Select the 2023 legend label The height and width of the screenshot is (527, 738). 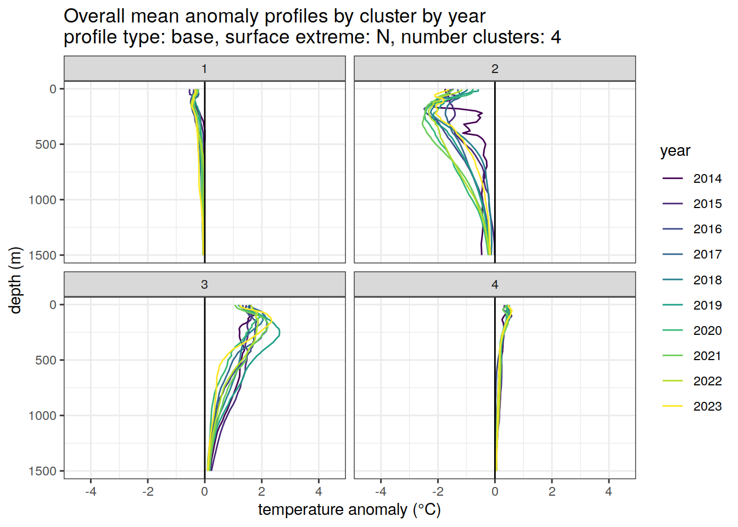707,406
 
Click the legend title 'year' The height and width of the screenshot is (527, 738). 675,151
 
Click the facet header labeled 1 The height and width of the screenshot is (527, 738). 204,69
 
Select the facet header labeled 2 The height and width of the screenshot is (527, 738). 495,69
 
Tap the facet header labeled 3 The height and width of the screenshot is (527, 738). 204,284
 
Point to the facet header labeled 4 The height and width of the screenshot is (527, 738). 495,284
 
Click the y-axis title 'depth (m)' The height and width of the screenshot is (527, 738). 15,280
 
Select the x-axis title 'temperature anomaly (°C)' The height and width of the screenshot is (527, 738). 349,510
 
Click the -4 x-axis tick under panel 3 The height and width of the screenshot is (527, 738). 91,491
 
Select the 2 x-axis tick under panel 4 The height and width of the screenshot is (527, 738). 552,491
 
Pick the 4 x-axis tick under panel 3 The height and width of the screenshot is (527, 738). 318,491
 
